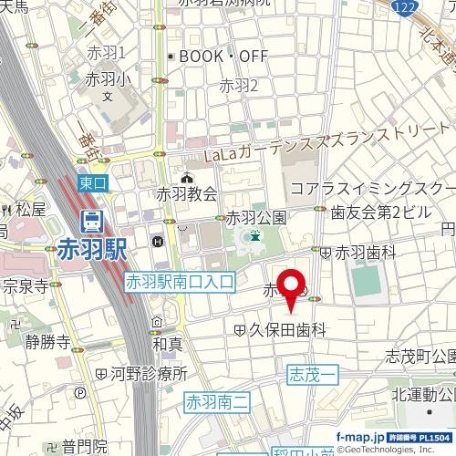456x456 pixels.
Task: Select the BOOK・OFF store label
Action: [x=223, y=57]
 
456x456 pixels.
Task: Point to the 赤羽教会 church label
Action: [x=187, y=192]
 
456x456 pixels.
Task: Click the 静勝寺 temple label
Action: [x=48, y=343]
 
